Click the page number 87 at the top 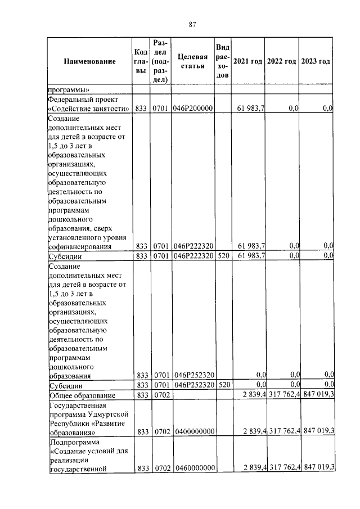coord(192,24)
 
